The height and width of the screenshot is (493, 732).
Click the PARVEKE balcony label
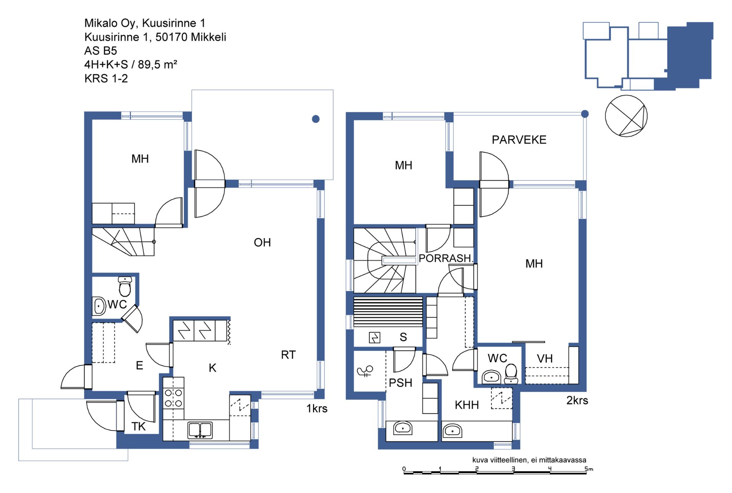coord(519,140)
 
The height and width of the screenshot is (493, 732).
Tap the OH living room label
coord(262,242)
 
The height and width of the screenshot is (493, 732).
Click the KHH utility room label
coord(467,405)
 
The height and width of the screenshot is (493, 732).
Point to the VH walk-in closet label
coord(545,359)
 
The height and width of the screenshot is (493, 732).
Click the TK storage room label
coord(138,426)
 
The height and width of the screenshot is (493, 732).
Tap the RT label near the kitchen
coord(288,355)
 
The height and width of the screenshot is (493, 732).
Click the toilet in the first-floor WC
coord(125,286)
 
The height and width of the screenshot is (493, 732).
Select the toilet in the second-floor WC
coord(511,374)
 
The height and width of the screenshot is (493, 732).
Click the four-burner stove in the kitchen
coord(173,398)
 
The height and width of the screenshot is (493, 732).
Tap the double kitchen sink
coord(200,430)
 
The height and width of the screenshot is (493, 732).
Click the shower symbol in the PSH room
coord(365,371)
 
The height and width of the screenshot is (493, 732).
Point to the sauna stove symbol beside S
coord(374,338)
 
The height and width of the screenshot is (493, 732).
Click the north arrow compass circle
coord(626,116)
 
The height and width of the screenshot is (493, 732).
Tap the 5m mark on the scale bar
coord(589,469)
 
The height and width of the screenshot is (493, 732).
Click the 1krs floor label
coord(317,408)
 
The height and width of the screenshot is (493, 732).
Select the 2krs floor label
coord(577,400)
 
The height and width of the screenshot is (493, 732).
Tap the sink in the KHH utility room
coord(452,431)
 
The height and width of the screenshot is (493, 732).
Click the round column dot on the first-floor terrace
coord(316,119)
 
